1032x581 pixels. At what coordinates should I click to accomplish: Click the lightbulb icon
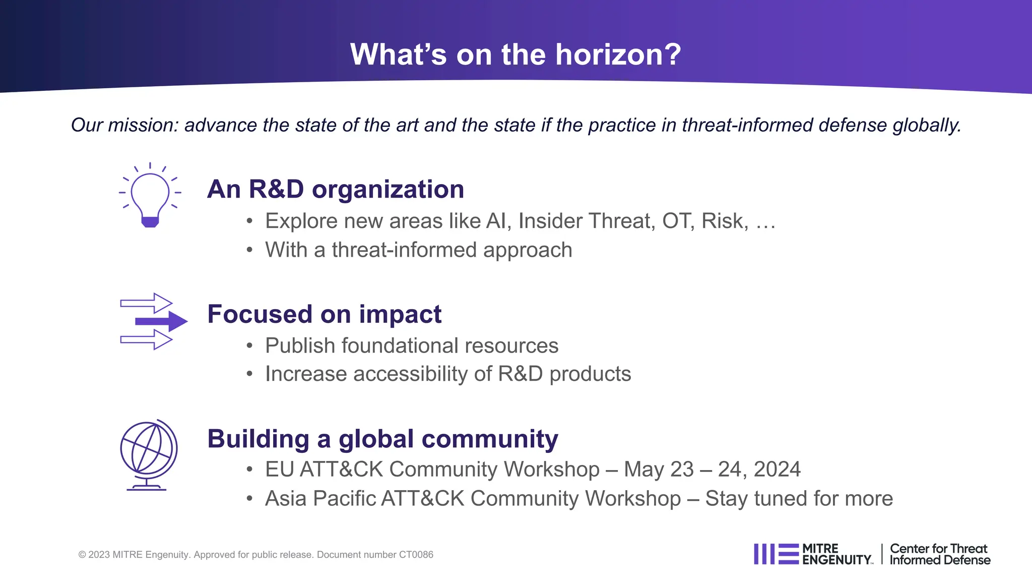150,197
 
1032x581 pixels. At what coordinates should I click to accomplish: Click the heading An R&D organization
335,190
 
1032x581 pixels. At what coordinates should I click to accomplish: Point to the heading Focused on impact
324,314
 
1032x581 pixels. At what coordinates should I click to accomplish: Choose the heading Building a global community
382,439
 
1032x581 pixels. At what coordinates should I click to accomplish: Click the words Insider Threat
587,221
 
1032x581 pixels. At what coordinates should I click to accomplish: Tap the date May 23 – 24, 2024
712,470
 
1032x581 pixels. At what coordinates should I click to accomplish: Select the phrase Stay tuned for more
799,499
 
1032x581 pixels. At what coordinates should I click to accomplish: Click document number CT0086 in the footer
416,555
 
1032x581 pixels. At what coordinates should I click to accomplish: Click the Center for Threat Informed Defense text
939,554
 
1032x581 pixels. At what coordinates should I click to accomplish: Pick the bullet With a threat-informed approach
418,250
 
